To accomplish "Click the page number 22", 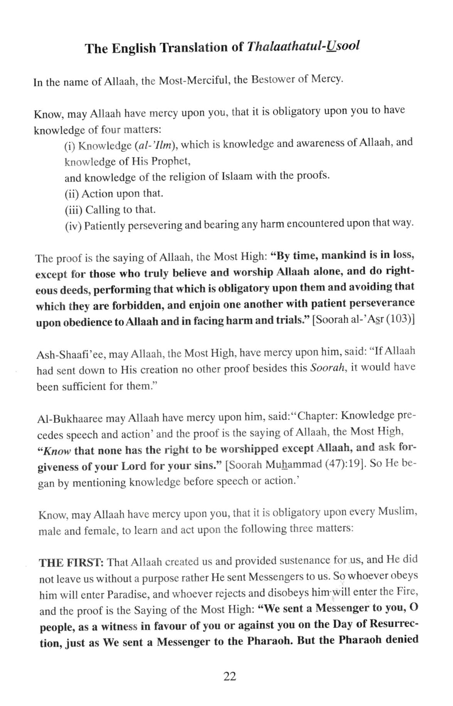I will [x=229, y=676].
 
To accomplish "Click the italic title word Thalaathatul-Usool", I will [x=303, y=47].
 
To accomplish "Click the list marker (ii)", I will [x=72, y=194].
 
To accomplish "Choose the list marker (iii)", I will [x=73, y=210].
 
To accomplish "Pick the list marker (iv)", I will [x=73, y=226].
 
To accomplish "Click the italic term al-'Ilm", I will [x=155, y=145].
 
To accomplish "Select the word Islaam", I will [x=237, y=176].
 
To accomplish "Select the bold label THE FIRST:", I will [x=71, y=563].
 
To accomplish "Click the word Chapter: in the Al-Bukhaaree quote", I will [x=318, y=416].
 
